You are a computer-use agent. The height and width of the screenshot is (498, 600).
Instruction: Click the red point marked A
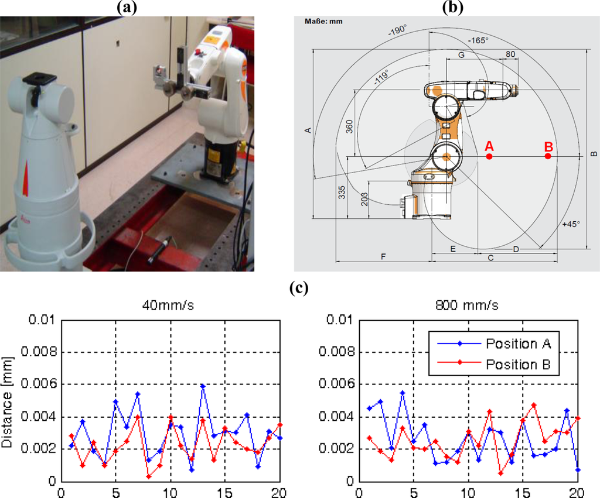coord(489,157)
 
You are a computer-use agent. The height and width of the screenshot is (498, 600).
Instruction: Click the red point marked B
coord(548,156)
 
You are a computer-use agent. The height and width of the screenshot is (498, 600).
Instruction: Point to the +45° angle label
coord(572,225)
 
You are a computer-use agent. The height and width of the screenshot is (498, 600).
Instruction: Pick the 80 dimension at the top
coord(510,54)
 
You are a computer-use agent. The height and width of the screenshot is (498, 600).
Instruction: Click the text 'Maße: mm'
coord(322,22)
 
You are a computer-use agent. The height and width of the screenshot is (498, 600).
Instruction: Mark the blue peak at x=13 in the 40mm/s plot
coord(202,386)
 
